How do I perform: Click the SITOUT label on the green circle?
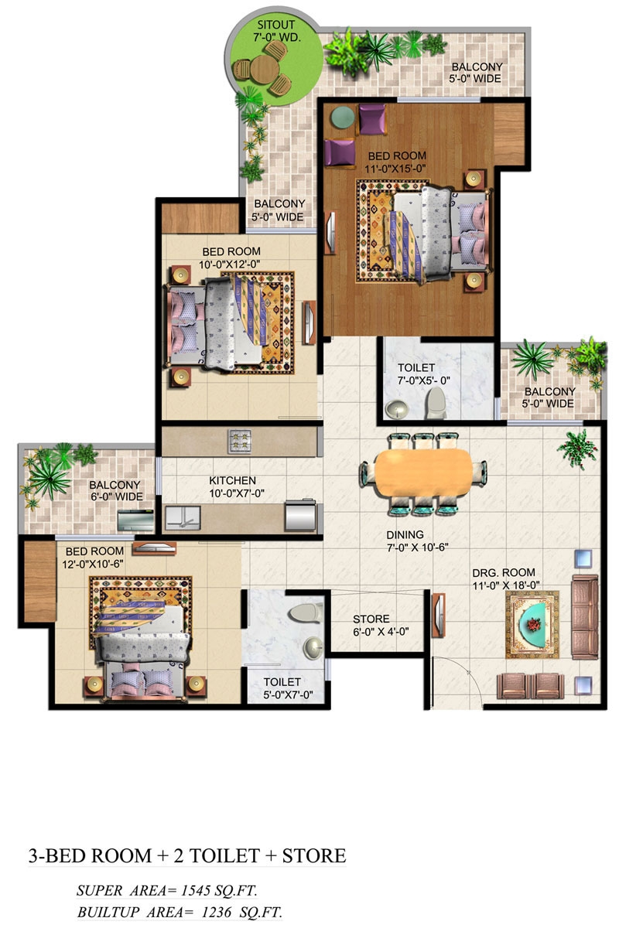click(x=275, y=25)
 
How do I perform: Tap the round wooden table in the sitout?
click(x=264, y=69)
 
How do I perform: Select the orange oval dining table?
click(x=423, y=473)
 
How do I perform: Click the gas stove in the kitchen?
click(x=239, y=442)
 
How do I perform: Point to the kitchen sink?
click(x=183, y=517)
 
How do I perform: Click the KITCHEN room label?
click(x=232, y=480)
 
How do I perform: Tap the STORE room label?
click(x=371, y=619)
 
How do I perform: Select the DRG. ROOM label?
click(x=504, y=572)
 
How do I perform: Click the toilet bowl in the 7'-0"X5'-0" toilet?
click(x=436, y=403)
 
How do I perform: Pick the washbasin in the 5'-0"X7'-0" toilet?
click(x=313, y=647)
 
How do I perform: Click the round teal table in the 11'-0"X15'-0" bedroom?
click(x=343, y=118)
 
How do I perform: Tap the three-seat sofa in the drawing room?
click(x=585, y=616)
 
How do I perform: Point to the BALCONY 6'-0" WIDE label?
click(x=116, y=490)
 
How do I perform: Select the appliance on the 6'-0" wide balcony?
click(x=135, y=520)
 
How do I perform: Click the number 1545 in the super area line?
click(x=197, y=890)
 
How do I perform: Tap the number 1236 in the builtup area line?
click(x=217, y=912)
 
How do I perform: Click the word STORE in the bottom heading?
click(x=314, y=856)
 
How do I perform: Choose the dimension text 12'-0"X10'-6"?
click(x=92, y=565)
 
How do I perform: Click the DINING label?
click(x=405, y=535)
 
